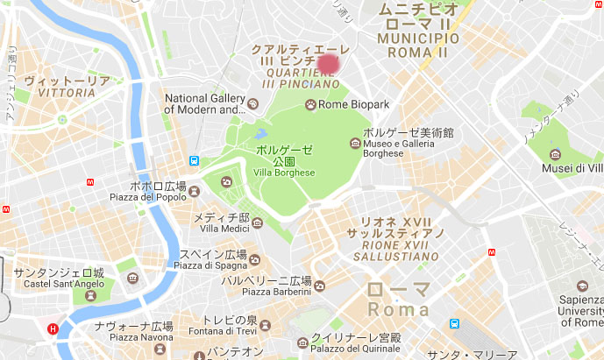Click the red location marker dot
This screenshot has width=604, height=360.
coord(330,63)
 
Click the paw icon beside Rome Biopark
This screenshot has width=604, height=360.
coord(310,105)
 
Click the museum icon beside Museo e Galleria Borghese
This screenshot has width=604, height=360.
coord(355,143)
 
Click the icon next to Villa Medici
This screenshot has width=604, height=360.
coord(258,223)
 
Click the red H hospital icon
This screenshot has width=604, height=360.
coord(53,329)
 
